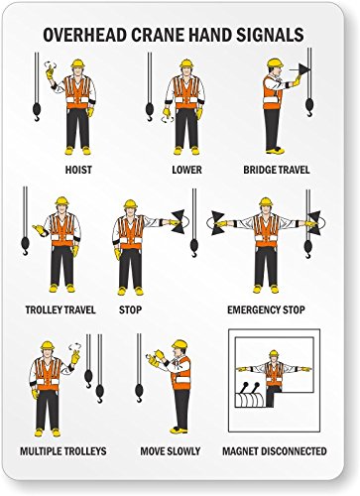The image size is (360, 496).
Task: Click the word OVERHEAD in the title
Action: coord(86,35)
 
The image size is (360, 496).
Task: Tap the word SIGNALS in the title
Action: coord(270,35)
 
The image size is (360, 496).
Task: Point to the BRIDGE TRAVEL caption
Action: coord(276,170)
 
